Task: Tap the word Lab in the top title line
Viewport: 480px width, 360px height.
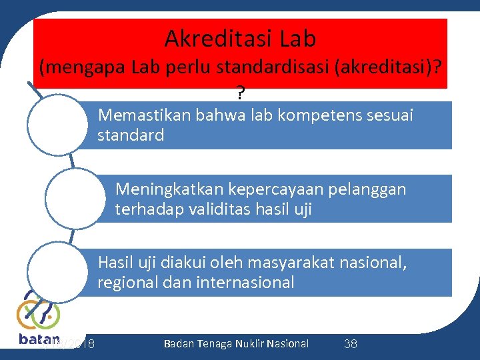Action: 298,39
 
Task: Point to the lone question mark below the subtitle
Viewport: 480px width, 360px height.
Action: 239,91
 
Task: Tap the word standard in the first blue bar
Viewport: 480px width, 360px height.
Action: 131,135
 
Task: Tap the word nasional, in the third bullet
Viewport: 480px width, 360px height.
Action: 373,262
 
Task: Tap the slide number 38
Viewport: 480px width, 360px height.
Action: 350,344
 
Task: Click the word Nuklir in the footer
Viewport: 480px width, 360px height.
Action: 245,343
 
